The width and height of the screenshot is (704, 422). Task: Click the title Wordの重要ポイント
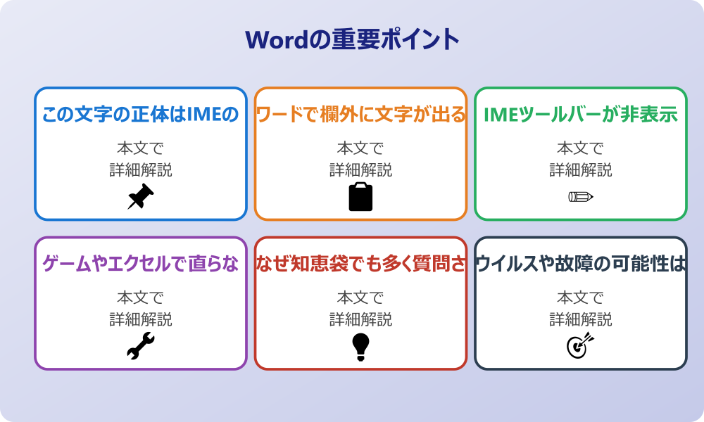[352, 39]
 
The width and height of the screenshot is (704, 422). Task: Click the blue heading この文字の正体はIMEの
[141, 114]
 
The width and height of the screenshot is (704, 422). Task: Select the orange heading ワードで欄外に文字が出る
[360, 114]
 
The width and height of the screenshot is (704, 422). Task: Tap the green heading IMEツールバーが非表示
[581, 114]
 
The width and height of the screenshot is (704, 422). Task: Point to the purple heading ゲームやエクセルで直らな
[141, 264]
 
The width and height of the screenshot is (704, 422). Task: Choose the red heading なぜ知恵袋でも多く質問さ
[360, 264]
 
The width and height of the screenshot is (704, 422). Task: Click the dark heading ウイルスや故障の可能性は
[581, 264]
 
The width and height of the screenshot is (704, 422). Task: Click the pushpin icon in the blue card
[141, 196]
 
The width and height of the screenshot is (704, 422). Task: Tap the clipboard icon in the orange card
[360, 196]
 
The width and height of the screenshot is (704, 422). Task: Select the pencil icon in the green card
[581, 196]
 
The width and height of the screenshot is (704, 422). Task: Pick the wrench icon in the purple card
[141, 346]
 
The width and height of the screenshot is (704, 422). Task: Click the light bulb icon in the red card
[360, 346]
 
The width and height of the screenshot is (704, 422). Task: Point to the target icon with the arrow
[581, 346]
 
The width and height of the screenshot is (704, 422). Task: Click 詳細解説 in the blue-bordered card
[141, 170]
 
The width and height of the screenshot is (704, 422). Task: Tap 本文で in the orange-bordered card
[360, 148]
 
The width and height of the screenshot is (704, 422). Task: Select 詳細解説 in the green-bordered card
[581, 170]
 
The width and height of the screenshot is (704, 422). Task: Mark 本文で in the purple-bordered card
[141, 298]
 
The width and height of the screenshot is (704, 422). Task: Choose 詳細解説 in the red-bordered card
[360, 319]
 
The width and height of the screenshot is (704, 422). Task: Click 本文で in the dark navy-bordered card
[581, 298]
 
